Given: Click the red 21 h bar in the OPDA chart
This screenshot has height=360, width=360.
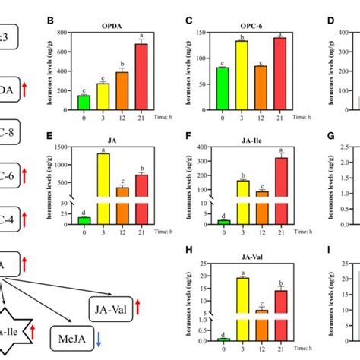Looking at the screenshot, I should click(160, 77).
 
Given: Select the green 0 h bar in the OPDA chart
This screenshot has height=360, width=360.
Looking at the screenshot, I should click(106, 103).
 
